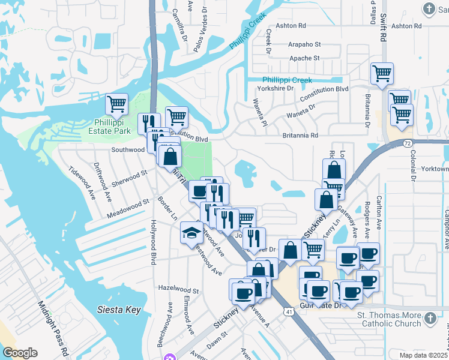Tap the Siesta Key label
(119, 310)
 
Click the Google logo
(20, 353)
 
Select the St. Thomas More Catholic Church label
(390, 320)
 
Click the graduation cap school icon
(191, 233)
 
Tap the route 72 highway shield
(407, 144)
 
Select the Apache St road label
(305, 58)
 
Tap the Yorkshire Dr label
(274, 88)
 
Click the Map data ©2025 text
(423, 355)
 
